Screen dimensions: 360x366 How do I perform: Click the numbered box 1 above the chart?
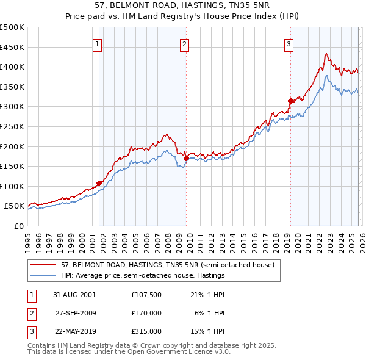98,43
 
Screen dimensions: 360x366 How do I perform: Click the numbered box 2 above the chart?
184,43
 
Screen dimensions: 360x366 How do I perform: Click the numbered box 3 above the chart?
289,43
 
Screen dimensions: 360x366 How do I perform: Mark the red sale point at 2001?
99,182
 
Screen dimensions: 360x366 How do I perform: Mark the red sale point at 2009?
186,158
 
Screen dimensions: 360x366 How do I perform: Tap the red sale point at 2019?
290,101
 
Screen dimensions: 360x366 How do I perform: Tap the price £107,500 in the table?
146,294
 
